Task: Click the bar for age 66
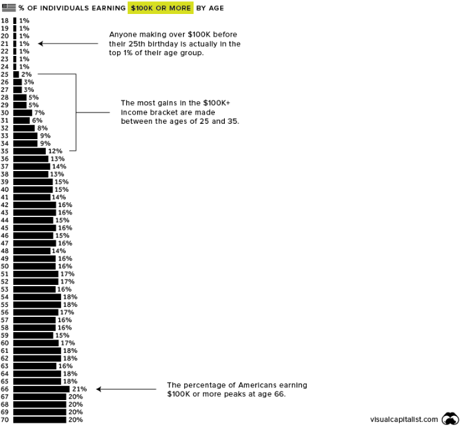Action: point(41,389)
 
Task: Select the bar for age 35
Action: point(29,151)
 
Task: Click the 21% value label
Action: point(78,389)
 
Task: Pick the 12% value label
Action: point(55,151)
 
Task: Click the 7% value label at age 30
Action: point(39,112)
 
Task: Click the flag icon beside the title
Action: point(9,8)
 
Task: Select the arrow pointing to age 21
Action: point(67,44)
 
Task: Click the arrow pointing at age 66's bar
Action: point(126,389)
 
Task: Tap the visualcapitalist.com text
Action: point(404,419)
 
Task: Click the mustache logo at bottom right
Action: point(450,419)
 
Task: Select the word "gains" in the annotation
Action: point(171,103)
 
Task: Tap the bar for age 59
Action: point(33,335)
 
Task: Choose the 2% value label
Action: point(27,75)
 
